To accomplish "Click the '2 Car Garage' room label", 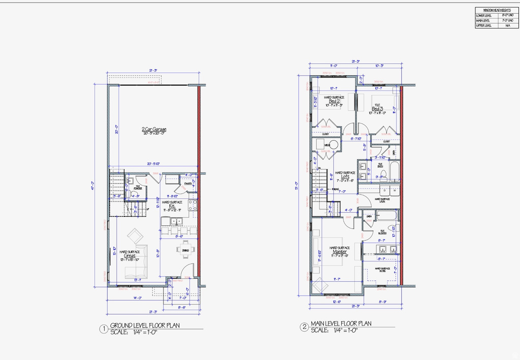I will click(x=154, y=129).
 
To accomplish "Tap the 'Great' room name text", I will click(x=130, y=256).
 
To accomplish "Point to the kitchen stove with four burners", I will click(x=192, y=205).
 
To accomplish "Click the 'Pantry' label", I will click(x=187, y=184).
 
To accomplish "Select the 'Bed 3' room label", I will click(x=377, y=109).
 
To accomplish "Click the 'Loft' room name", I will click(x=345, y=177).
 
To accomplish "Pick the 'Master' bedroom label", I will click(x=339, y=252).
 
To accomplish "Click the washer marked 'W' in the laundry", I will click(x=394, y=190).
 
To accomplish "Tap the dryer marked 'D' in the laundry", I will click(x=385, y=190).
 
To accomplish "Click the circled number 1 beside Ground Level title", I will click(x=103, y=329).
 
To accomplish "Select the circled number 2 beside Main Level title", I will click(x=304, y=328).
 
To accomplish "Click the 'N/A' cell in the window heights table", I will click(x=507, y=25).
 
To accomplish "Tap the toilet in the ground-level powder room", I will click(x=131, y=181).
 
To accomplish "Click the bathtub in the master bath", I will click(x=386, y=216).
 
